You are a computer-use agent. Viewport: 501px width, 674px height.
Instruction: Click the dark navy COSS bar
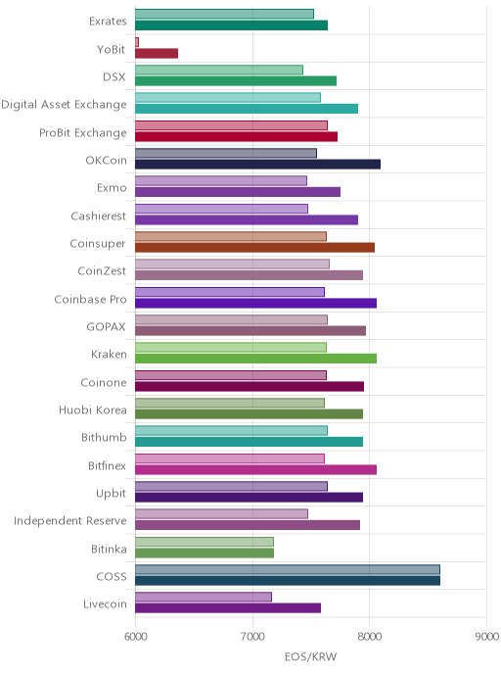(x=288, y=581)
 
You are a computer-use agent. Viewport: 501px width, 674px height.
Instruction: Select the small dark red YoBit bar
(x=157, y=53)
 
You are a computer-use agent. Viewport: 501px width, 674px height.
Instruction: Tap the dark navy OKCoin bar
(x=257, y=165)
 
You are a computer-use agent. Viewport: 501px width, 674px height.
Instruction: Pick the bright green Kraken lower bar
(x=255, y=359)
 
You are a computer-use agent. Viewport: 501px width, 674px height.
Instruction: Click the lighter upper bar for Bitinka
(x=205, y=542)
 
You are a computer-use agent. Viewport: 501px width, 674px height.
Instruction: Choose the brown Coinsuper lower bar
(x=255, y=248)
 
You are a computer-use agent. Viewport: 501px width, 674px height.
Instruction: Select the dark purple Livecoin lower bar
(x=228, y=608)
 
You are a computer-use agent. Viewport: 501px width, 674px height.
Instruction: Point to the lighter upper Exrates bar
(x=224, y=14)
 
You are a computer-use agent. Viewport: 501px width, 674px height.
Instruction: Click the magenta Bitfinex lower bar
(x=255, y=469)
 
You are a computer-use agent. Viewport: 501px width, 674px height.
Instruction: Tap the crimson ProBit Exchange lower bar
(x=236, y=137)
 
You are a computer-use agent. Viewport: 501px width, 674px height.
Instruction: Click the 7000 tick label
(x=252, y=636)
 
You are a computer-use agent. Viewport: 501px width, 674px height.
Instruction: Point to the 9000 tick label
(x=487, y=636)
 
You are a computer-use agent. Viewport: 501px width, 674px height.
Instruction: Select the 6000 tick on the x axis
(x=135, y=636)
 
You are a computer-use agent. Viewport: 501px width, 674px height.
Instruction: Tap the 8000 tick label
(x=370, y=636)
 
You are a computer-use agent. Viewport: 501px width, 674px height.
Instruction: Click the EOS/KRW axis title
(x=311, y=656)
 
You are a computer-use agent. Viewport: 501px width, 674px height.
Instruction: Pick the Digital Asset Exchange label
(x=64, y=105)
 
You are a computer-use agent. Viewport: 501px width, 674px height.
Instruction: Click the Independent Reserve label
(x=70, y=521)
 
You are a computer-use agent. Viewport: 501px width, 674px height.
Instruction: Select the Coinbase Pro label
(x=91, y=299)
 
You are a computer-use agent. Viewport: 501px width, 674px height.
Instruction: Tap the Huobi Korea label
(x=93, y=410)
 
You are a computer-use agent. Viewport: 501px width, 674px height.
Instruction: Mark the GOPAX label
(x=106, y=326)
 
